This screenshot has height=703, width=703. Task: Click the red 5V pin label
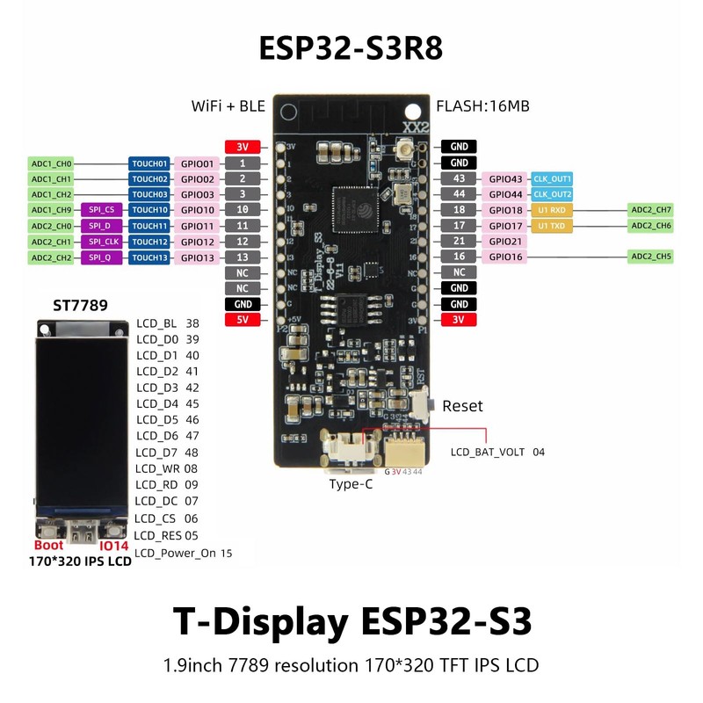coord(243,320)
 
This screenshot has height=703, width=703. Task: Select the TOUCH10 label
coord(149,210)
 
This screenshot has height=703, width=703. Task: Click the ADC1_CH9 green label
coord(52,210)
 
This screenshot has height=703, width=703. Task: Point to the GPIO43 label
coord(504,178)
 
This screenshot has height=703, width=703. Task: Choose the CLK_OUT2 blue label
coord(552,194)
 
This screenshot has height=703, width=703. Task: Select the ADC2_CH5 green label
coord(651,257)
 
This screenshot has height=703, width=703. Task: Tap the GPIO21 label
coord(504,241)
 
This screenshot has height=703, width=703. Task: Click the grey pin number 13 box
coord(243,257)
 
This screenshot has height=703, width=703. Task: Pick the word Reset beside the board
coord(462,407)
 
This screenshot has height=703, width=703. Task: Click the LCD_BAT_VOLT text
coord(488,453)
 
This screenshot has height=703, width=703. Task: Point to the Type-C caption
coord(351,484)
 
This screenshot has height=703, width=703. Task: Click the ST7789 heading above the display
coord(80,306)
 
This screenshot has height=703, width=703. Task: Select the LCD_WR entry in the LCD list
coord(157,468)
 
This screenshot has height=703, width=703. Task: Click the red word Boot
coord(48,546)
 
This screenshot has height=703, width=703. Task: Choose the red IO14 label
coord(114,546)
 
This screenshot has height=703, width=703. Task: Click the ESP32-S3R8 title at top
coord(351,48)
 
